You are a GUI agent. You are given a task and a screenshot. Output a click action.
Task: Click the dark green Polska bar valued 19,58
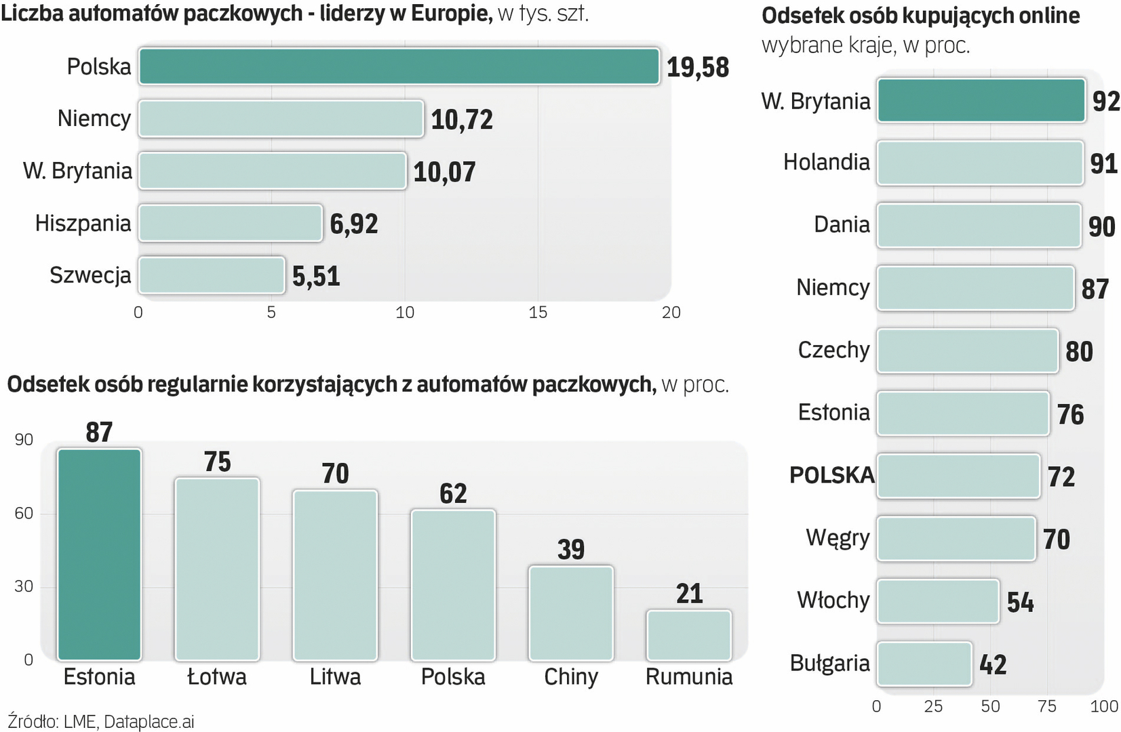[x=399, y=66]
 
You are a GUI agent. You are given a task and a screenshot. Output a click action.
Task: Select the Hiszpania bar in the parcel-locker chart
[x=231, y=223]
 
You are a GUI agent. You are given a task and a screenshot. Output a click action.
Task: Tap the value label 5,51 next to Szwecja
[x=316, y=276]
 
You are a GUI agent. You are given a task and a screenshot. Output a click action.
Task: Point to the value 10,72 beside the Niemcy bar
[x=462, y=120]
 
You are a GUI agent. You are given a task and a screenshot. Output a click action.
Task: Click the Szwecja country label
[x=90, y=275]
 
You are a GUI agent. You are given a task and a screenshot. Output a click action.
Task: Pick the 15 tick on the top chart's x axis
[x=538, y=312]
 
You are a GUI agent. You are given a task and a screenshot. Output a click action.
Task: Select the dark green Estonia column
[x=99, y=554]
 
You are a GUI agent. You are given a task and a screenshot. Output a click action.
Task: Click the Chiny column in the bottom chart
[x=571, y=613]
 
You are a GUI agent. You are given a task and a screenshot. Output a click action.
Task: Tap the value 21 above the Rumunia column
[x=689, y=594]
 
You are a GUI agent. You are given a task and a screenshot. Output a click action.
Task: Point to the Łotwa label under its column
[x=217, y=676]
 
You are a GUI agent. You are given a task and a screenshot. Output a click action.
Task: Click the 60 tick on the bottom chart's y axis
[x=24, y=513]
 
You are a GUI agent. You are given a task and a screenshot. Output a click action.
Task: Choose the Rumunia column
[x=689, y=635]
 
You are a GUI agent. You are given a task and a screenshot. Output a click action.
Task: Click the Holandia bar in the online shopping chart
[x=979, y=163]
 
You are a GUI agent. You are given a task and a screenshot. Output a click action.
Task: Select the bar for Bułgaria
[x=924, y=664]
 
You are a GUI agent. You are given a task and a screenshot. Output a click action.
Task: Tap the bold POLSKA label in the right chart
[x=831, y=475]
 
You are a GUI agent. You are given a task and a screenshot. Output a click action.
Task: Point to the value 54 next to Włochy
[x=1020, y=602]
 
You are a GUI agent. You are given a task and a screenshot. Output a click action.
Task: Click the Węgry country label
[x=838, y=537]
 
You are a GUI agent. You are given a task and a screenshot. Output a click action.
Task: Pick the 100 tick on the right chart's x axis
[x=1103, y=706]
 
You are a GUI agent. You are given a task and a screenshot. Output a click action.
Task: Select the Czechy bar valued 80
[x=967, y=350]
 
